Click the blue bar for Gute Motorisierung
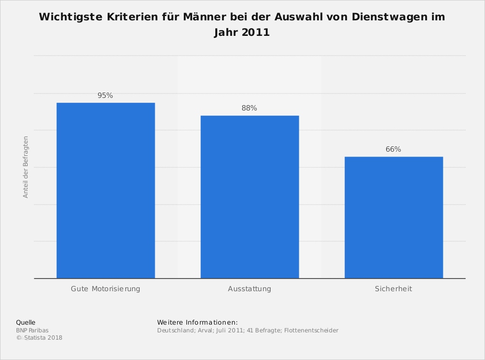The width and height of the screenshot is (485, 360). pyautogui.click(x=106, y=190)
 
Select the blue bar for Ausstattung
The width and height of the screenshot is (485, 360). pyautogui.click(x=250, y=197)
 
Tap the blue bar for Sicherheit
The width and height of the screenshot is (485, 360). pyautogui.click(x=394, y=218)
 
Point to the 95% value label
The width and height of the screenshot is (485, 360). pyautogui.click(x=105, y=96)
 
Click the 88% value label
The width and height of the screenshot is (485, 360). pyautogui.click(x=249, y=109)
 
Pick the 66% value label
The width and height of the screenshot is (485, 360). pyautogui.click(x=393, y=150)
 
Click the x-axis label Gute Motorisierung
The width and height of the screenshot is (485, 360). pyautogui.click(x=105, y=289)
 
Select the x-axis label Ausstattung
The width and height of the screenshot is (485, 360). pyautogui.click(x=249, y=289)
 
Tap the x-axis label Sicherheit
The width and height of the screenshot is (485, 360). pyautogui.click(x=393, y=289)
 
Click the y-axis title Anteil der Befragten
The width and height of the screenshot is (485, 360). pyautogui.click(x=26, y=167)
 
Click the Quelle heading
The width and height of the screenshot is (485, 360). pyautogui.click(x=26, y=322)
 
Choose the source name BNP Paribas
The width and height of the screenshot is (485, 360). pyautogui.click(x=32, y=330)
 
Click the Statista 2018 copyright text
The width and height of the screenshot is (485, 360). pyautogui.click(x=43, y=338)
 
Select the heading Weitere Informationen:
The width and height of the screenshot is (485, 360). pyautogui.click(x=197, y=322)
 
